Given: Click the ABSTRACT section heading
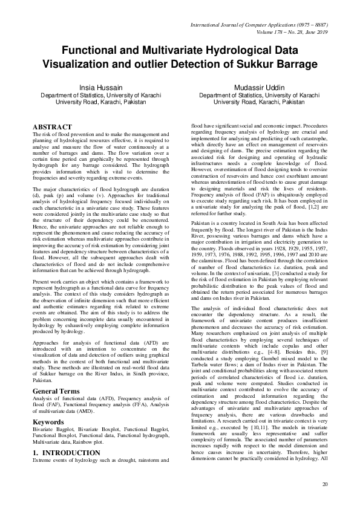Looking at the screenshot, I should tap(51, 126).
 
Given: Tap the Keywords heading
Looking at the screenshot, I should tap(49, 421).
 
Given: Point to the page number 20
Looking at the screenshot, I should tap(325, 484).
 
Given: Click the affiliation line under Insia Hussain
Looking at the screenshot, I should tap(100, 96).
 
